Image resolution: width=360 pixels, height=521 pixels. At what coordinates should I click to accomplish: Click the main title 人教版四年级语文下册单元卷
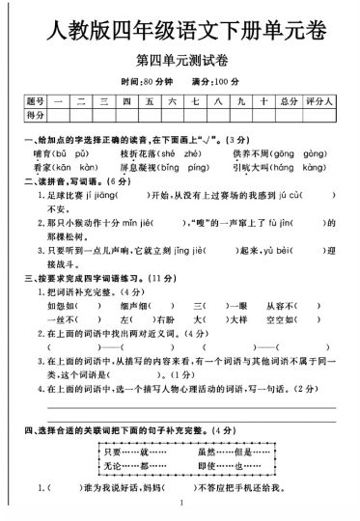coord(180,36)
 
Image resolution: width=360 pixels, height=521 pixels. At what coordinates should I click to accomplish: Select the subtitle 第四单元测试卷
coord(180,66)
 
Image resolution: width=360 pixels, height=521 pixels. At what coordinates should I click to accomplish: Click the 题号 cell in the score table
coord(36,100)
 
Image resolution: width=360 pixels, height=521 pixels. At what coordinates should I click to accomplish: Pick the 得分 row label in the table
coord(36,115)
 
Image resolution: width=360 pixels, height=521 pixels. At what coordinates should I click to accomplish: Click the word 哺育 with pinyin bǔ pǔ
coord(43,153)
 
